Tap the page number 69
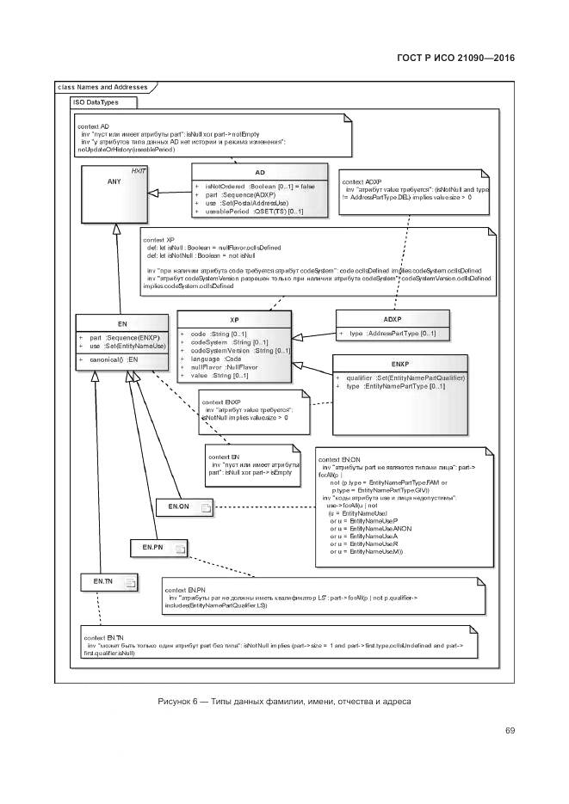(x=510, y=731)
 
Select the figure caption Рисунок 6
(x=284, y=702)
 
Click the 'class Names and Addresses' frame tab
(x=102, y=87)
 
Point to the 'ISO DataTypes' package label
(x=96, y=102)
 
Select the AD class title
(x=259, y=173)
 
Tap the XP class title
(x=234, y=319)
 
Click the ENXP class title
(x=399, y=364)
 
